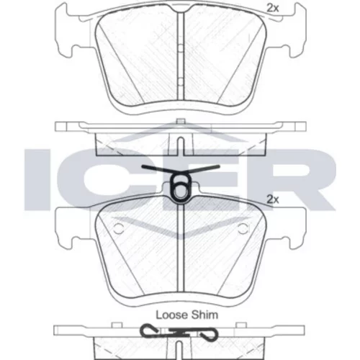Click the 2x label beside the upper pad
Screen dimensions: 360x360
click(x=273, y=9)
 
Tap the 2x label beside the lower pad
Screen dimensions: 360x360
click(x=273, y=199)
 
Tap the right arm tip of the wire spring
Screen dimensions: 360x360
click(x=218, y=166)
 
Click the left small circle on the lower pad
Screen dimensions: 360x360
click(x=118, y=228)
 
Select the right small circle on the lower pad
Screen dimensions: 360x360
click(x=243, y=228)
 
